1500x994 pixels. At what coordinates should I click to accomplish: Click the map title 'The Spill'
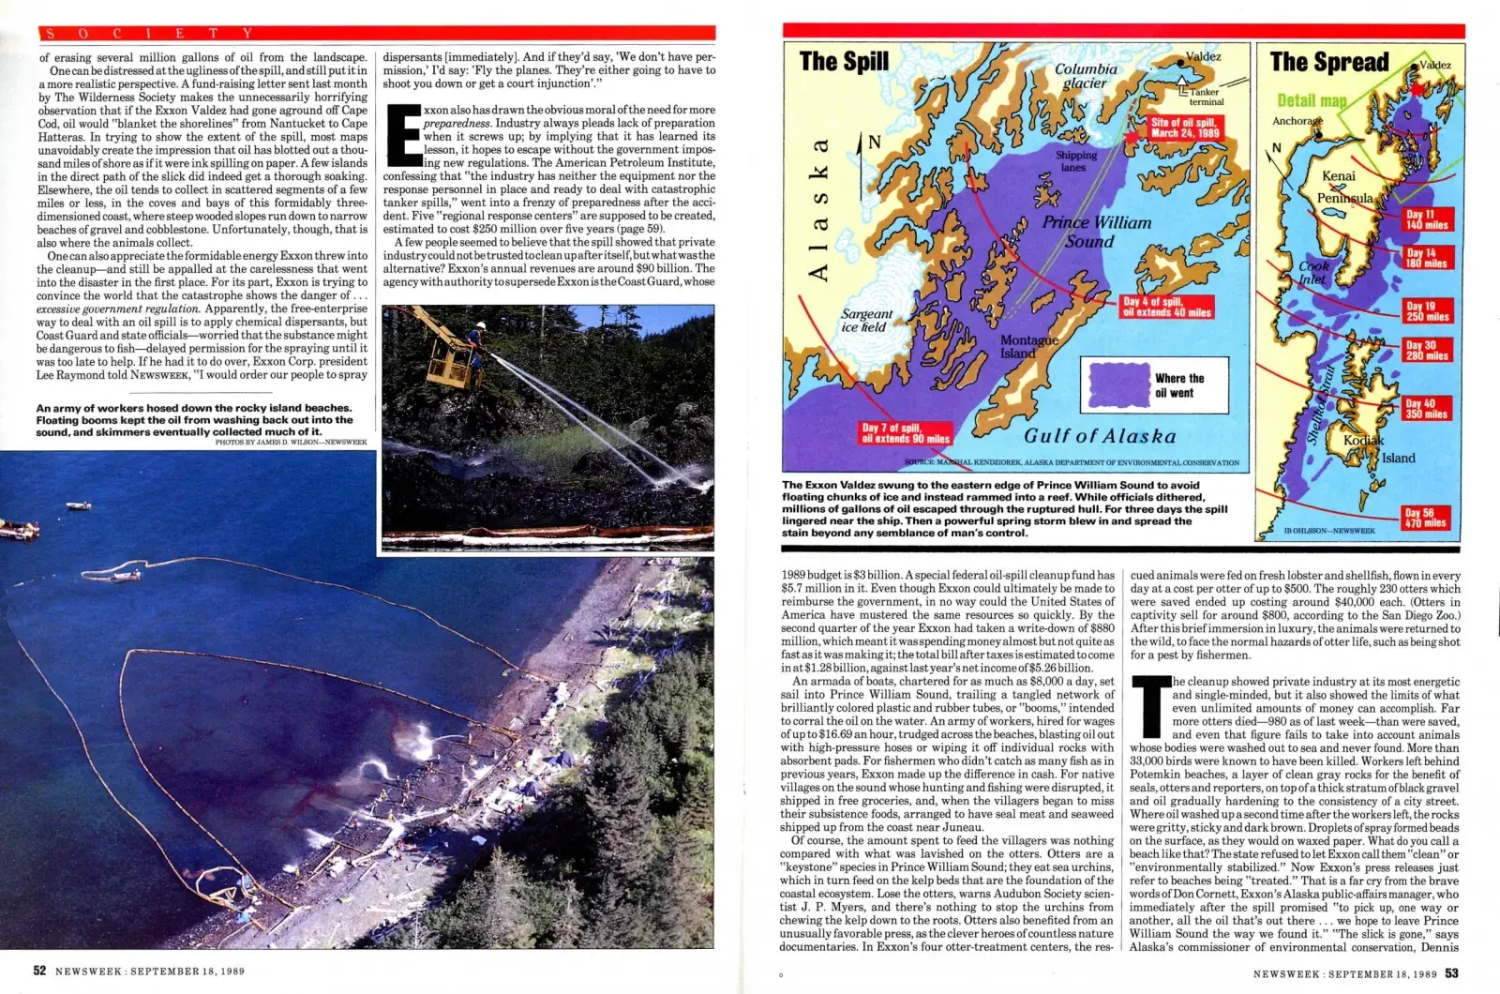(x=844, y=62)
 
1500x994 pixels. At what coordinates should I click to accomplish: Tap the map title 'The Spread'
(x=1328, y=62)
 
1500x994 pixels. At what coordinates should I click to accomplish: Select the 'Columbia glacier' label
(x=1086, y=76)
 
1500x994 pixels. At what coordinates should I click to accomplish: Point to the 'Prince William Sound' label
(x=1096, y=232)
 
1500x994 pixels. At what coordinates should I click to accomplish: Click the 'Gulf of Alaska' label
(x=1099, y=436)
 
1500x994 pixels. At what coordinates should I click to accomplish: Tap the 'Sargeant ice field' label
(x=866, y=321)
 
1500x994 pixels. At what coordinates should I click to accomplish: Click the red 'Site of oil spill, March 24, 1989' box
(x=1185, y=128)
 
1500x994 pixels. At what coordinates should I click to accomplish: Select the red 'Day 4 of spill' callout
(x=1166, y=308)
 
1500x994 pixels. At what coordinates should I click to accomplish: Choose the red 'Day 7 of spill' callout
(x=905, y=432)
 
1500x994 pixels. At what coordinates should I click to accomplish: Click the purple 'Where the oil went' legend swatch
(x=1117, y=384)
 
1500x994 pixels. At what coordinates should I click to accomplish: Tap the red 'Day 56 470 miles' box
(x=1425, y=518)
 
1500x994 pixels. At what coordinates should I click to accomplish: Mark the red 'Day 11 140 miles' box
(x=1426, y=220)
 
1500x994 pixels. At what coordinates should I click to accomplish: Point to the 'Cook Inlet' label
(x=1313, y=272)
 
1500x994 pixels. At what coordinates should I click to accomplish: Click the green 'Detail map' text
(x=1311, y=100)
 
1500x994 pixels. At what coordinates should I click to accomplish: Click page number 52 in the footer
(x=40, y=971)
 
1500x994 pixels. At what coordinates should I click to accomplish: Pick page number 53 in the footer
(x=1451, y=973)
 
